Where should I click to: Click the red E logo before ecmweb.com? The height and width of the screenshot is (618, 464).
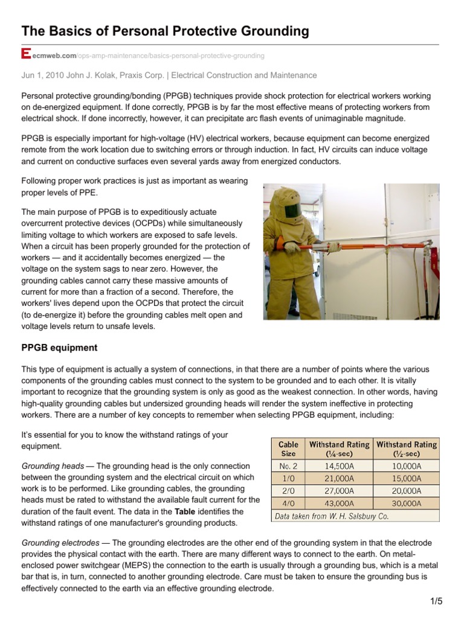pyautogui.click(x=25, y=55)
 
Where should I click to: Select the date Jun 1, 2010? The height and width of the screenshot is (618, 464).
pyautogui.click(x=42, y=75)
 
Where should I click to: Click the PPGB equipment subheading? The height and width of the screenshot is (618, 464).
pyautogui.click(x=59, y=348)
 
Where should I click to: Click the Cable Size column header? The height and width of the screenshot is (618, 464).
pyautogui.click(x=288, y=449)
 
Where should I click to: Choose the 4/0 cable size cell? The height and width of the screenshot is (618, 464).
pyautogui.click(x=288, y=503)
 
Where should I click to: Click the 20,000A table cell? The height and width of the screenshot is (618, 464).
pyautogui.click(x=406, y=491)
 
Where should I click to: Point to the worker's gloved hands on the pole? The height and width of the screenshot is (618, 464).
pyautogui.click(x=292, y=247)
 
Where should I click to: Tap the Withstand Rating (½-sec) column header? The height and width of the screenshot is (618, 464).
pyautogui.click(x=407, y=449)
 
